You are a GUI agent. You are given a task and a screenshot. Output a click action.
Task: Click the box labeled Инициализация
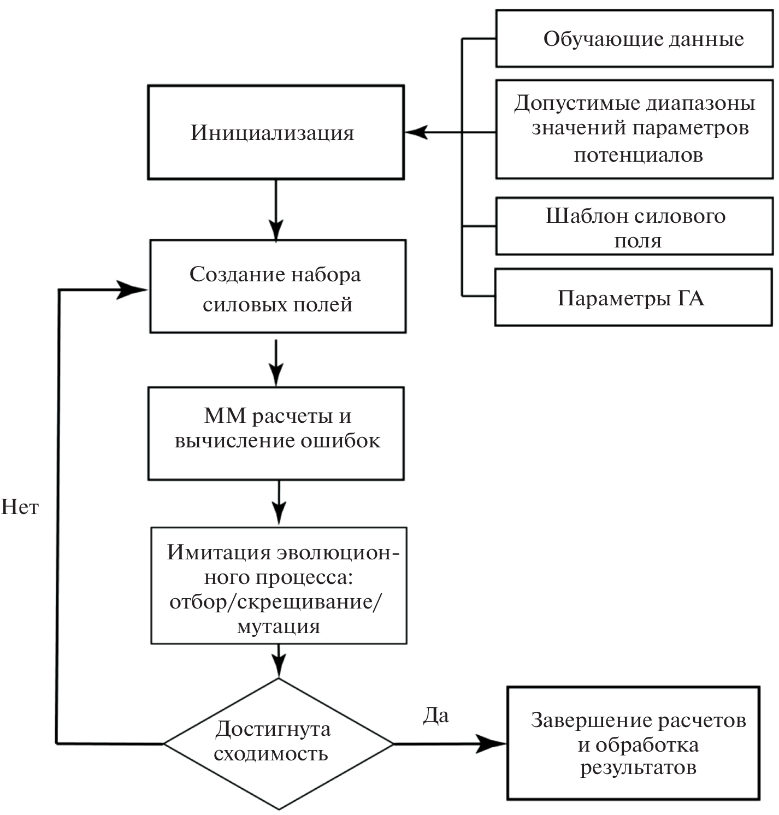[x=276, y=132]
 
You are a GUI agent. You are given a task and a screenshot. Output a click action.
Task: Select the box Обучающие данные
[x=634, y=39]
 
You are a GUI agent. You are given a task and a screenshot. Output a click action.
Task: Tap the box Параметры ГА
[x=633, y=298]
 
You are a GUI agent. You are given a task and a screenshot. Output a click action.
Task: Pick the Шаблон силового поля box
[x=634, y=227]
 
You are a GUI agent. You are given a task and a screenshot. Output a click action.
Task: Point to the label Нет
[x=20, y=507]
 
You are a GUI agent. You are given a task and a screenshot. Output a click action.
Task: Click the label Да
[x=436, y=716]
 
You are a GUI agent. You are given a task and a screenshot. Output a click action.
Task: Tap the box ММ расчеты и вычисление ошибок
[x=276, y=433]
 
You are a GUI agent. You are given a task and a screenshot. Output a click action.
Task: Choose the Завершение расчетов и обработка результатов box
[x=634, y=743]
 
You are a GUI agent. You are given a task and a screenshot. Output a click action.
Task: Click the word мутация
[x=279, y=626]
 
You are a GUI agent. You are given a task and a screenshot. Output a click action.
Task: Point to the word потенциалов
[x=638, y=155]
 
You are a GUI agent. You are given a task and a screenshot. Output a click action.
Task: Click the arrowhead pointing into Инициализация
[x=415, y=132]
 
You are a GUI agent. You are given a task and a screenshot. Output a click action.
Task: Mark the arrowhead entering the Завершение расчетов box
[x=494, y=743]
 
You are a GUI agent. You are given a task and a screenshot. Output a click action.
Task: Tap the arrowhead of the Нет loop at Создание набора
[x=134, y=290]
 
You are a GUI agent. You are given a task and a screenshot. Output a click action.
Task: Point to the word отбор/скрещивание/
[x=276, y=601]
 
